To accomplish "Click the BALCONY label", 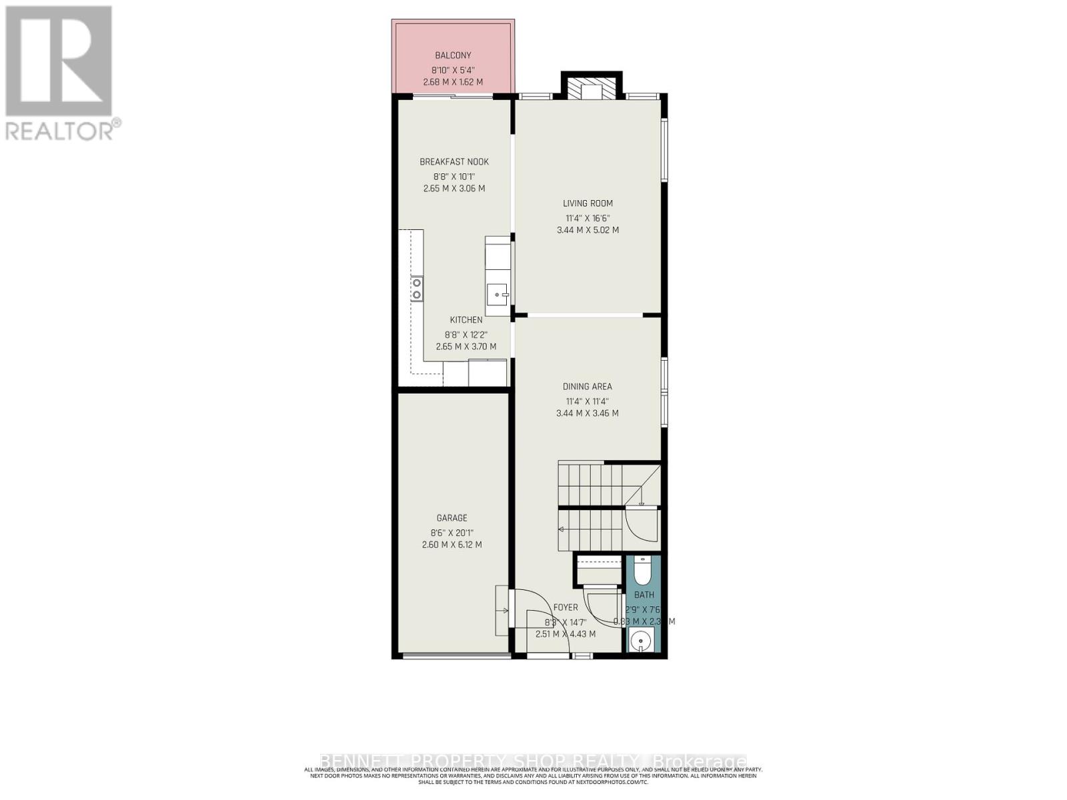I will (x=453, y=55).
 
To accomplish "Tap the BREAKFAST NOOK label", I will (x=454, y=162).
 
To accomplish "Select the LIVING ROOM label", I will (x=588, y=203).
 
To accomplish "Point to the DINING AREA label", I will (x=587, y=387).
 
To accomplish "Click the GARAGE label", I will (x=451, y=518).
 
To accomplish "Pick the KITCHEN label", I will (x=465, y=320).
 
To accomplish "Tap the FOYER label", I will (x=566, y=607).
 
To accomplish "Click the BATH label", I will (x=644, y=595).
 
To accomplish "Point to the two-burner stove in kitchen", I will (x=416, y=289).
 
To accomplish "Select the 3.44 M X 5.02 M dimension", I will (x=588, y=230).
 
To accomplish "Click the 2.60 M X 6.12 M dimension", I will (x=451, y=545).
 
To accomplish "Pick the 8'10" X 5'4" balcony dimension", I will (x=453, y=69).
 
